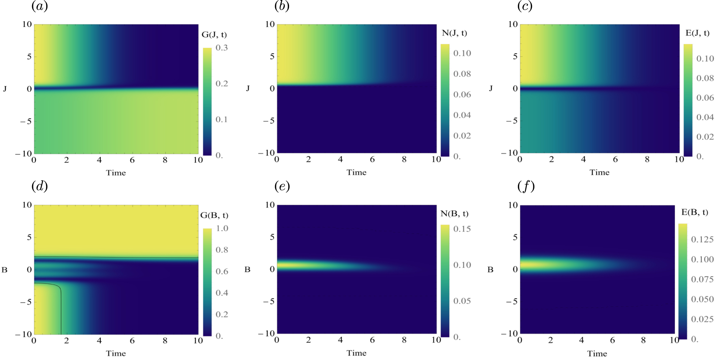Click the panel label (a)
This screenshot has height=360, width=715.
pyautogui.click(x=39, y=6)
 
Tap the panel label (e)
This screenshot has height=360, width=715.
pyautogui.click(x=282, y=186)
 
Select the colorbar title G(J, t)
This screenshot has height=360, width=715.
pyautogui.click(x=214, y=35)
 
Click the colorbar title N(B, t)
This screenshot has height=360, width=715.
pyautogui.click(x=454, y=214)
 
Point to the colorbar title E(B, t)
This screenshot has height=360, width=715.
pyautogui.click(x=695, y=212)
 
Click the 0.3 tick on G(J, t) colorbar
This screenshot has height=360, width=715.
pyautogui.click(x=222, y=48)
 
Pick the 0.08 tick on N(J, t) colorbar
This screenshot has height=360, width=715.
pyautogui.click(x=462, y=74)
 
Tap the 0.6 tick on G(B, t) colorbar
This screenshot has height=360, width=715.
pyautogui.click(x=222, y=272)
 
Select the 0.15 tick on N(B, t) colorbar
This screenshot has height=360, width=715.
pyautogui.click(x=462, y=229)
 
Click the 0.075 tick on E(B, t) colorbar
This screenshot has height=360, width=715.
pyautogui.click(x=702, y=279)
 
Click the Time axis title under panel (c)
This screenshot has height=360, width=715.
pyautogui.click(x=599, y=173)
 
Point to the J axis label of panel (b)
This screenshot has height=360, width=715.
pyautogui.click(x=248, y=88)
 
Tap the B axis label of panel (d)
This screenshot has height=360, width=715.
pyautogui.click(x=4, y=270)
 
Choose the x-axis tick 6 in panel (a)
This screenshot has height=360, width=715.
pyautogui.click(x=132, y=160)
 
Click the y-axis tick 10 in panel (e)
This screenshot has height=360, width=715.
pyautogui.click(x=270, y=205)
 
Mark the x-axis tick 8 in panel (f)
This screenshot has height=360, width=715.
pyautogui.click(x=643, y=340)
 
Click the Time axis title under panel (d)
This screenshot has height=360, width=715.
pyautogui.click(x=116, y=354)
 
